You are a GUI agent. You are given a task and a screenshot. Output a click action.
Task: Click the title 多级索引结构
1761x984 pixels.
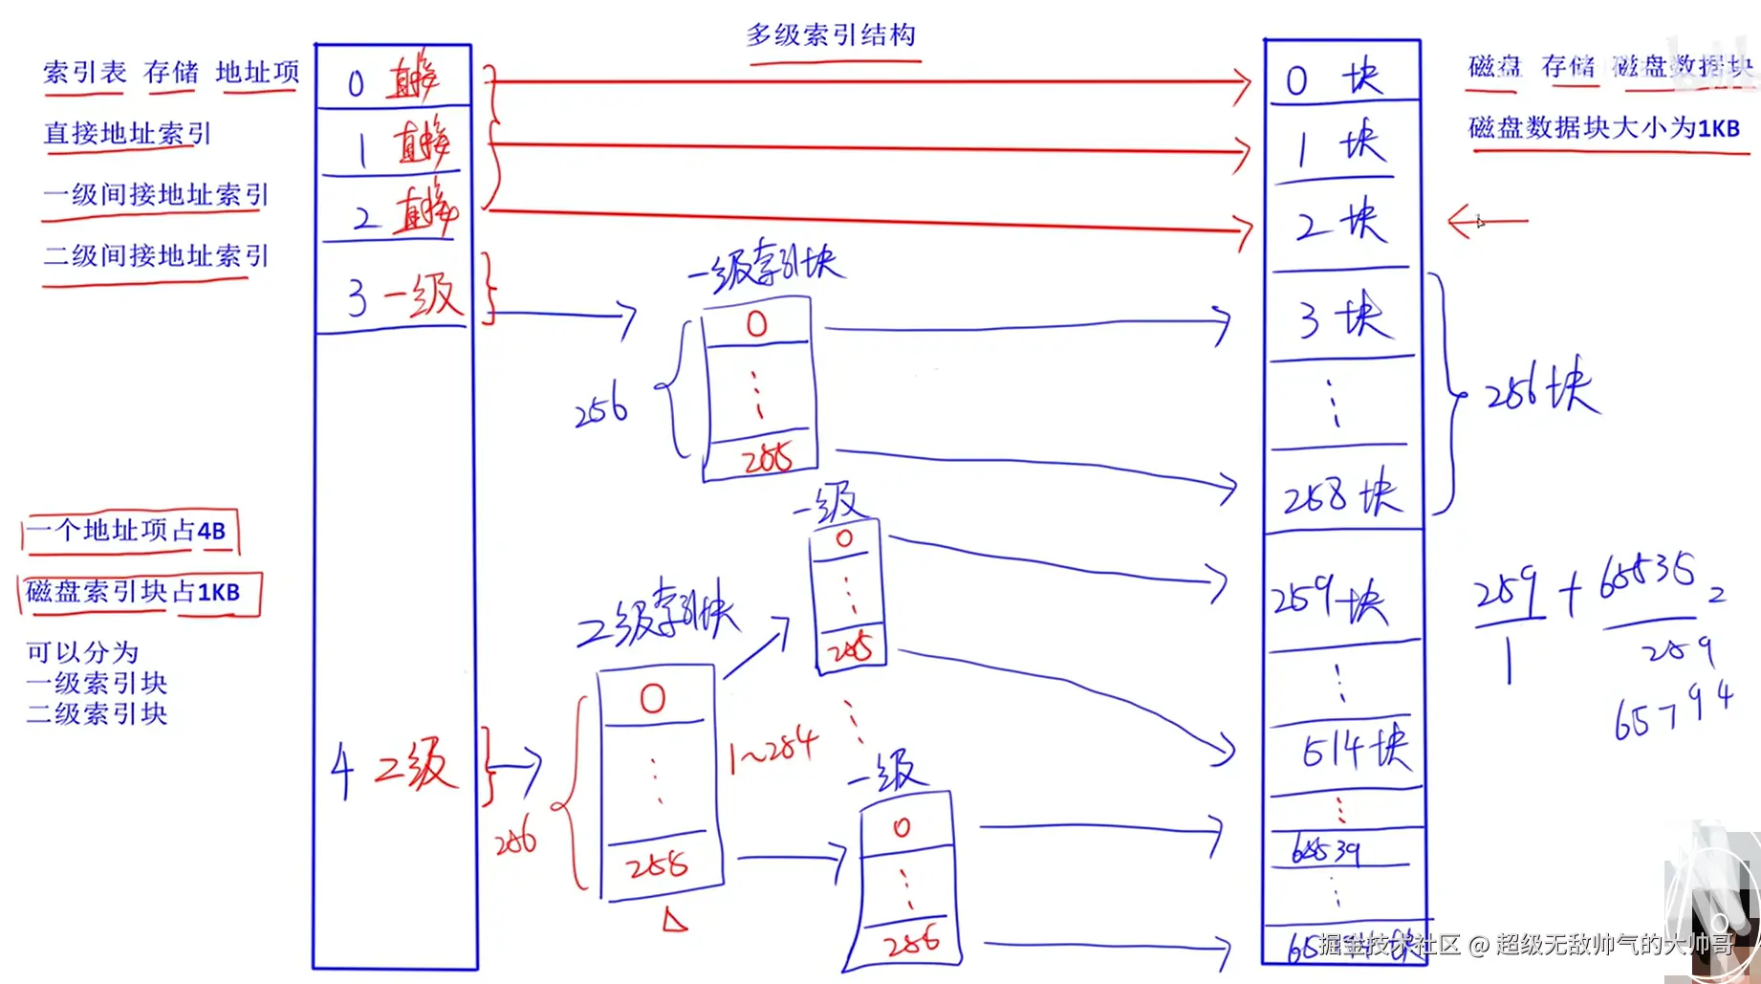(831, 35)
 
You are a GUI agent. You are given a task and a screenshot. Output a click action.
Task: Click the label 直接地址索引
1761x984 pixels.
(127, 133)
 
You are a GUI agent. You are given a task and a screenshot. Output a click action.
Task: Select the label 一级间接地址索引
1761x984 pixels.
(156, 194)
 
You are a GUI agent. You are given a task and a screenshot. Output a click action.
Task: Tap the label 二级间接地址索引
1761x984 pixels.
(156, 256)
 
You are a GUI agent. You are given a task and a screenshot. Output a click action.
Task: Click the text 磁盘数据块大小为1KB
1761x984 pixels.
(1603, 127)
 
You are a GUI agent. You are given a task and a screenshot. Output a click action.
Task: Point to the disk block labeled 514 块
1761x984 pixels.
(1355, 749)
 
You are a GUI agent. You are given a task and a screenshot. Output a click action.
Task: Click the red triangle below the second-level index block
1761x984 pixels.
(675, 920)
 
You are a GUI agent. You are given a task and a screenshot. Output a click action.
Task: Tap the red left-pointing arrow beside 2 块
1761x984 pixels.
(1486, 222)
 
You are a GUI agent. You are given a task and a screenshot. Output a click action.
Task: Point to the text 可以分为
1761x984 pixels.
(82, 652)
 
